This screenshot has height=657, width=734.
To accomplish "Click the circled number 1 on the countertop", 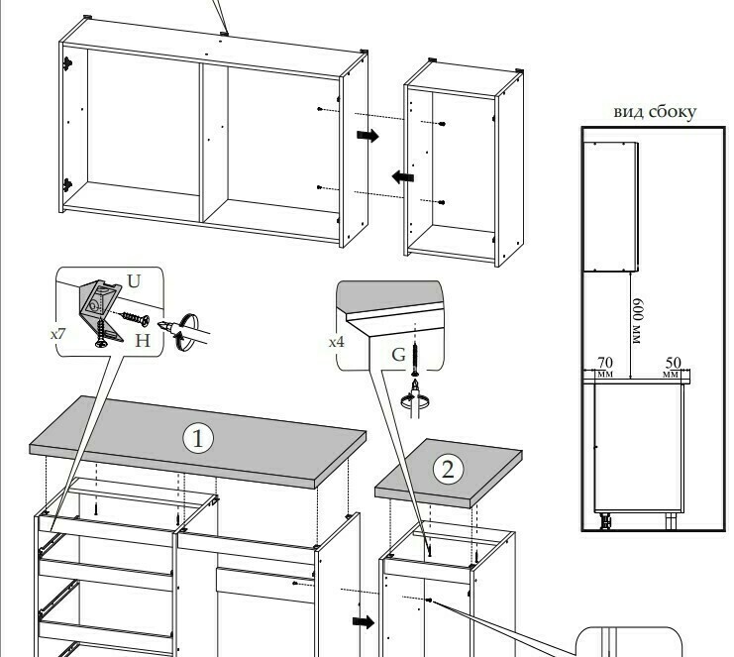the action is pos(198,439).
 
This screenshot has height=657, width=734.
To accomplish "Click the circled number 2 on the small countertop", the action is pos(448,470).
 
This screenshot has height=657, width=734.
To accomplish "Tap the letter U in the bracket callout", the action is pos(134,281).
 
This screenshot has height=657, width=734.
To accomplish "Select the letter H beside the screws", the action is pos(143,341).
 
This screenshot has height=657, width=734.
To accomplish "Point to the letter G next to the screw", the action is pos(398,355).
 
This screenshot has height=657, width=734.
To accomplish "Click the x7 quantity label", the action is pos(58,334).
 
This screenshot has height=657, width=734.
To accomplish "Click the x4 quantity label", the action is pos(337,342).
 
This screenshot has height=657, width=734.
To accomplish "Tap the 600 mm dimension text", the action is pos(638,321).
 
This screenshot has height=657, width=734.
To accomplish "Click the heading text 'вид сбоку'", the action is pos(655,112).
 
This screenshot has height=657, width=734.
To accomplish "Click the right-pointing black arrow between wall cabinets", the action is pos(367,136).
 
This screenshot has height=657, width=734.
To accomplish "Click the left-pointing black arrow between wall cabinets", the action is pos(402,177).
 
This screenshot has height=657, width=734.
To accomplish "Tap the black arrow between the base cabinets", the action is pos(364,622).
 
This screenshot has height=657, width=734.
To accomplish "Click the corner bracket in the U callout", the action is pos(100,309).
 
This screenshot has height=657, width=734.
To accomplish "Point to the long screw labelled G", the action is pos(415,359).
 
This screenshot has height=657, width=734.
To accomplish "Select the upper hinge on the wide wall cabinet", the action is pos(68,62).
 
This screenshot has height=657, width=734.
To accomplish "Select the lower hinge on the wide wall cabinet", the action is pos(68,185).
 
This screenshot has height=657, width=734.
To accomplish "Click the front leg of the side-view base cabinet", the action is pos(604,520).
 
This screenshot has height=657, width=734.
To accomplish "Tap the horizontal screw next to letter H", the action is pos(136,318).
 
